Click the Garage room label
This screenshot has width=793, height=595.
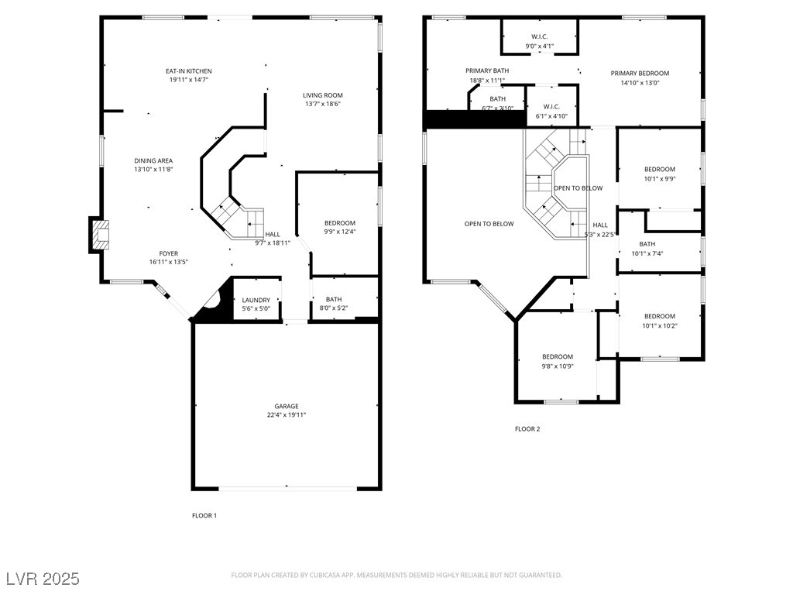(286, 406)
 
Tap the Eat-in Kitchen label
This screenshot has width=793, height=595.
(188, 71)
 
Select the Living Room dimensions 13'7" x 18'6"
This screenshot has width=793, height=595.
(322, 104)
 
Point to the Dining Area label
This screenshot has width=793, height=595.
(153, 160)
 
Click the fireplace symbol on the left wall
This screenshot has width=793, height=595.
(100, 235)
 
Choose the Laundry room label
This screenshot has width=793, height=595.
(256, 300)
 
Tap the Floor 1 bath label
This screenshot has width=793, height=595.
(334, 299)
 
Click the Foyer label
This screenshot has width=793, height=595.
(168, 253)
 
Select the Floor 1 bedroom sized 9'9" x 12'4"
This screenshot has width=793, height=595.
(339, 227)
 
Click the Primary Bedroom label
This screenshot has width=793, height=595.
(640, 74)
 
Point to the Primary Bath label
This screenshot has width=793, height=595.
(486, 71)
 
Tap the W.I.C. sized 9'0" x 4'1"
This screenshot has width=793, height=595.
(540, 41)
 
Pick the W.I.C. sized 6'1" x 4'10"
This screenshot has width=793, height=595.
(551, 112)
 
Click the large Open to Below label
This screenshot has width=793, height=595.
(489, 224)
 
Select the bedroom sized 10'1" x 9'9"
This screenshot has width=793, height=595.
(659, 174)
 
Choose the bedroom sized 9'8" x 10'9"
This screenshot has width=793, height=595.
(557, 361)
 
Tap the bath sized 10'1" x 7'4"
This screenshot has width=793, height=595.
(647, 249)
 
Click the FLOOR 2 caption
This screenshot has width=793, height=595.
(527, 428)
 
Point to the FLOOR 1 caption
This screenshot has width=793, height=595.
(204, 515)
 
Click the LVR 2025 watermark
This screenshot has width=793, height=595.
(43, 578)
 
